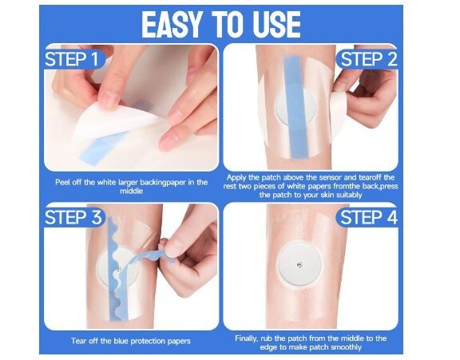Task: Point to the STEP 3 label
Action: (x=73, y=218)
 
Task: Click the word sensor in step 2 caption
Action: (x=324, y=177)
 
